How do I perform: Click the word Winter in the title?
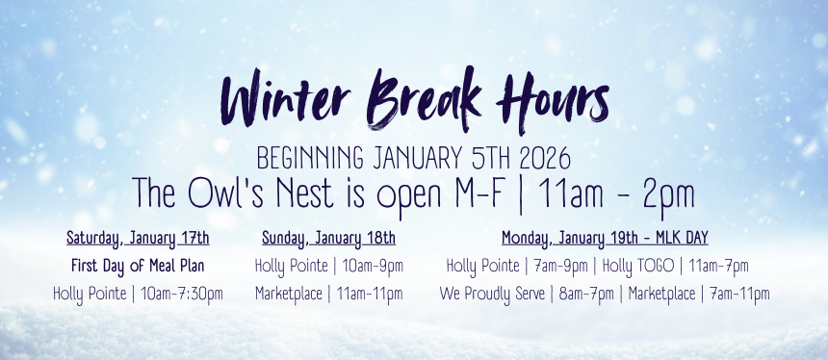(285, 99)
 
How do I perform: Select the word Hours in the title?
(553, 99)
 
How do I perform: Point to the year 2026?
(546, 158)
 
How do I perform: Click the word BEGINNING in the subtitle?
(310, 159)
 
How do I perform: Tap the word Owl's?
(227, 193)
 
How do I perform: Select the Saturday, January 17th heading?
(138, 239)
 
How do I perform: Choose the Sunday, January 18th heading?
(328, 239)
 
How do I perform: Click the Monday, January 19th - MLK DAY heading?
(605, 239)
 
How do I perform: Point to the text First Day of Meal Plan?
(138, 266)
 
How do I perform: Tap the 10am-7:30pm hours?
(182, 294)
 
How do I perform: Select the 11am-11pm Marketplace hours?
(368, 294)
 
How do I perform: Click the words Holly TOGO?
(638, 267)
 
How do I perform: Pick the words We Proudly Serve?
(492, 295)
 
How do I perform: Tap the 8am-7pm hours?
(586, 295)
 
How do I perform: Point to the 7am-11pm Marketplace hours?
(738, 295)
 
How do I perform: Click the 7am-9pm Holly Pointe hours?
(559, 267)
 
